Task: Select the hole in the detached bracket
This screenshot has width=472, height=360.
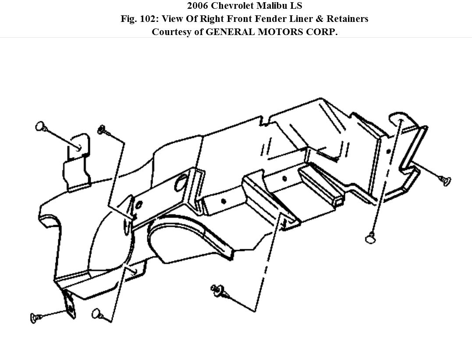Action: pyautogui.click(x=79, y=148)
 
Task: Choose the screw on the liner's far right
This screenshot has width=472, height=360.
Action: pyautogui.click(x=445, y=180)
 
